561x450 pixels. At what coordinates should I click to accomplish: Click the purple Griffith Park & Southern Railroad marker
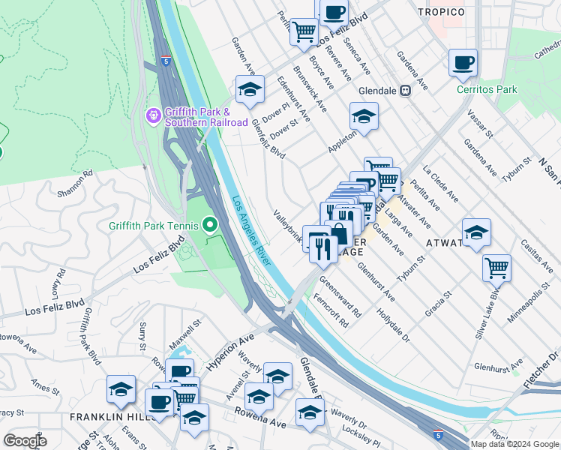[x=153, y=116]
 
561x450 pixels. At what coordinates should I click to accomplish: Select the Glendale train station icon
[x=405, y=90]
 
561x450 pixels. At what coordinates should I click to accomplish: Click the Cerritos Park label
[x=487, y=89]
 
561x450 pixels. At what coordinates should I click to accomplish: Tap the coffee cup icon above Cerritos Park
[x=463, y=62]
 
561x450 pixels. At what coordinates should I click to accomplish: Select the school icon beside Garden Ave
[x=250, y=89]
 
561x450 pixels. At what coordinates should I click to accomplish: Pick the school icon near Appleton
[x=364, y=116]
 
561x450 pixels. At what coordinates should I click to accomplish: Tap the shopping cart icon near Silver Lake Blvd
[x=496, y=266]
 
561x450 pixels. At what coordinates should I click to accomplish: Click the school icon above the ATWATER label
[x=475, y=232]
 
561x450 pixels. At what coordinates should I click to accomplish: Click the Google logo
[x=25, y=440]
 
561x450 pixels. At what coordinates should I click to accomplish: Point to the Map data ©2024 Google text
[x=514, y=444]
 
